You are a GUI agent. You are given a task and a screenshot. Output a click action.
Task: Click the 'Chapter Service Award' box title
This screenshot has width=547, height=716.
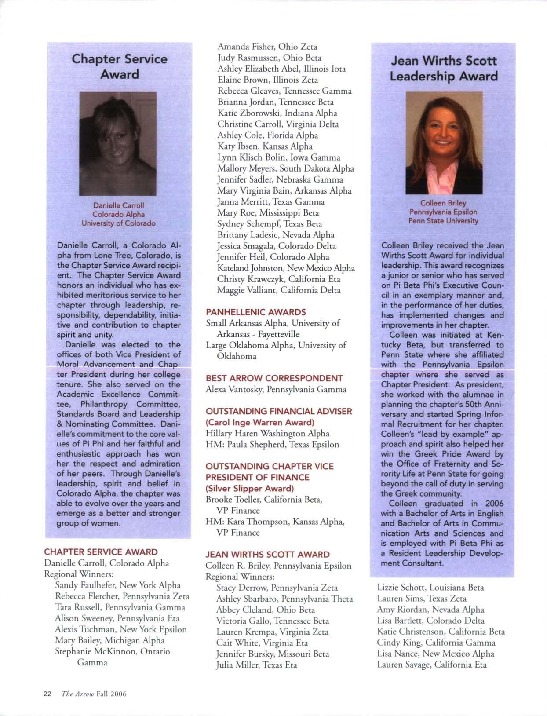coord(119,66)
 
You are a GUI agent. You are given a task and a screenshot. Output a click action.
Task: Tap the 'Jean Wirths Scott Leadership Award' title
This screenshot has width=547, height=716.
coord(444,68)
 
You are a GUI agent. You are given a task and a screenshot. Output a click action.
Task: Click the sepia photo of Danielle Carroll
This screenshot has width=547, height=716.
coord(117,144)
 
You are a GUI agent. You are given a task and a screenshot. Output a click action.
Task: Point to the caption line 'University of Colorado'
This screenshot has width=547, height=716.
coord(118,223)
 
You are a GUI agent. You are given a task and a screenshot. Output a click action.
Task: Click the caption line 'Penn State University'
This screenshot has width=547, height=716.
coord(443,221)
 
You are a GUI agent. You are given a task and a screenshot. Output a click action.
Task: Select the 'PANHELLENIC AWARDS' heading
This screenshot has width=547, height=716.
coord(256,312)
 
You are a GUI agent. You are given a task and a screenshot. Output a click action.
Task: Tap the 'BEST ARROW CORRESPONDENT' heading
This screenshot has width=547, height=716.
coord(274,378)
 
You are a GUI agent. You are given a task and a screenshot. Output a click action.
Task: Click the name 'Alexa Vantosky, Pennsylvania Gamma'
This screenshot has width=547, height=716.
coord(276,389)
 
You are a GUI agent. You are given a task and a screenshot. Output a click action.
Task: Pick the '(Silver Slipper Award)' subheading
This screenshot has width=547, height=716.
coord(250,489)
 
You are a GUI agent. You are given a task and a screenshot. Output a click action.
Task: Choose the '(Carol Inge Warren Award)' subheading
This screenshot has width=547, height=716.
coord(260,422)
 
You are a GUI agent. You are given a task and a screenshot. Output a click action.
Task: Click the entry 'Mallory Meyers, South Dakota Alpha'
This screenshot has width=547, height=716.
coord(285,168)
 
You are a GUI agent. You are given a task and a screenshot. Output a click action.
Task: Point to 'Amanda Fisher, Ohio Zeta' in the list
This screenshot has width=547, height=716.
coord(267,47)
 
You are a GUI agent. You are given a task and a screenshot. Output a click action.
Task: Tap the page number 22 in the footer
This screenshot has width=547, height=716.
coord(47,694)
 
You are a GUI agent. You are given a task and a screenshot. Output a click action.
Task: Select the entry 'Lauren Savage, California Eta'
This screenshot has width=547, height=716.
coord(432,665)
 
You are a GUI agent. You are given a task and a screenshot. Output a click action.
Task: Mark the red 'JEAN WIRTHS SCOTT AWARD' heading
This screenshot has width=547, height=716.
coord(267,555)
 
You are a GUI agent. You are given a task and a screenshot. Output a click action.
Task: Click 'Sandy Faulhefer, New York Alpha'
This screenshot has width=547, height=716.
coord(118,585)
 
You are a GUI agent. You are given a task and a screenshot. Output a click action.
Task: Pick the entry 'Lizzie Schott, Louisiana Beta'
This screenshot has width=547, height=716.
coord(430,587)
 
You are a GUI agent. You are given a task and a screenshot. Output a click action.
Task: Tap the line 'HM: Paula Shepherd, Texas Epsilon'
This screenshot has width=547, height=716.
coord(272,444)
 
